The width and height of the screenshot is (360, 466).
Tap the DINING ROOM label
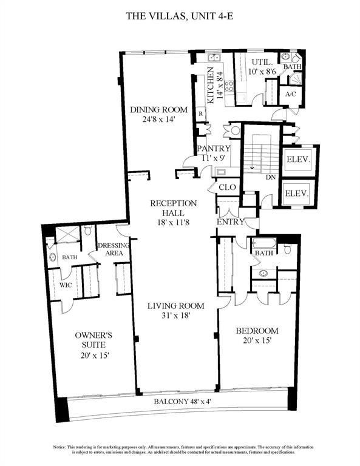point(154,110)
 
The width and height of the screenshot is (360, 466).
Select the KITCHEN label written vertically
point(211,86)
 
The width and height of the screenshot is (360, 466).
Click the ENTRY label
point(230,222)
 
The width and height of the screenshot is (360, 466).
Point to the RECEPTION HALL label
point(174,208)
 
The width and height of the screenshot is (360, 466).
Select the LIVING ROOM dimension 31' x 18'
point(175,316)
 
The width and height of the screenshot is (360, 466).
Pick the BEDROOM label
point(257,331)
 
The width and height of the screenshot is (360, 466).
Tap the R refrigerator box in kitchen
point(200,113)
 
